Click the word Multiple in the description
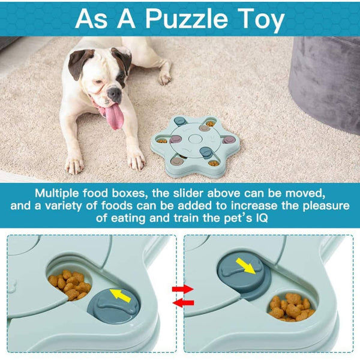(x=61, y=194)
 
